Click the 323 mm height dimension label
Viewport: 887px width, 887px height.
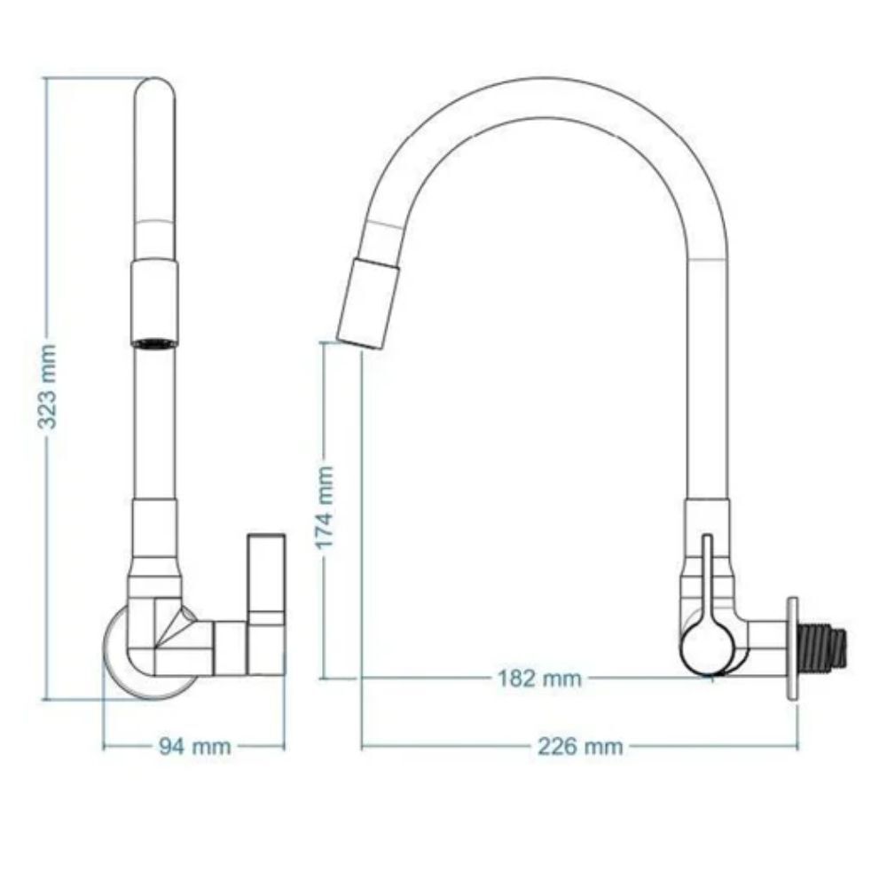49,388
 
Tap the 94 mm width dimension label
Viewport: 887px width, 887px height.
193,747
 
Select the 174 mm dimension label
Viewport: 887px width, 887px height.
326,506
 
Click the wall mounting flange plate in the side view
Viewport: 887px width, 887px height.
792,650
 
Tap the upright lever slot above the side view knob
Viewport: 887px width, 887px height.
706,568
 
